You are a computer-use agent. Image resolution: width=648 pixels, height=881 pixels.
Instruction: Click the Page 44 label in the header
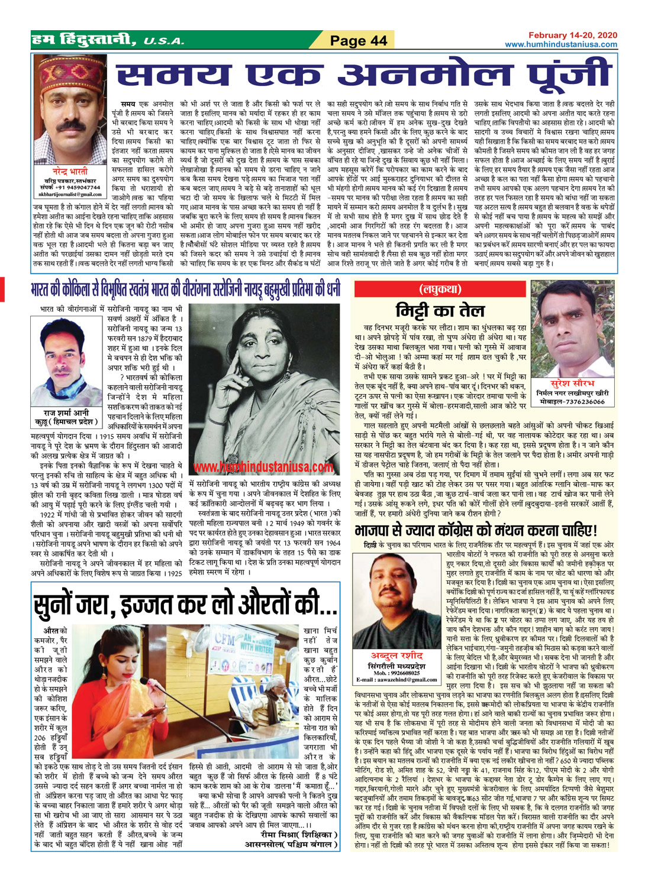coord(358,40)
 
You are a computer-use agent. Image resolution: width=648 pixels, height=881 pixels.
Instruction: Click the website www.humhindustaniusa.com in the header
coord(560,44)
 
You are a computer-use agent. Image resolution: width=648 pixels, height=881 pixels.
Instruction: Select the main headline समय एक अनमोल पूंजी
coord(364,78)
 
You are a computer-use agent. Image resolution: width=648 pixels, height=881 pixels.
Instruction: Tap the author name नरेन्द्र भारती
coord(70,172)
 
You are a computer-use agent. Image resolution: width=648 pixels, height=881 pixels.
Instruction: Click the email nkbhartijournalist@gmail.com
coord(70,194)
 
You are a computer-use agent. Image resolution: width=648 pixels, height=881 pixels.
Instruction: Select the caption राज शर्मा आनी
coord(67,412)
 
